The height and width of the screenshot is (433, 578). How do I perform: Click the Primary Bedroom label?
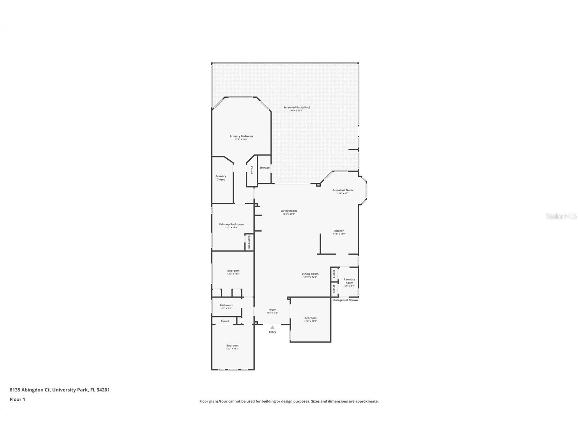coord(241,136)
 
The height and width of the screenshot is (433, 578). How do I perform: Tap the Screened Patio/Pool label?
coord(297,108)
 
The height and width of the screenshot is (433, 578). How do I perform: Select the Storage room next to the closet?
coord(264,168)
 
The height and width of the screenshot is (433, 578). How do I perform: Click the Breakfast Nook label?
coord(343,190)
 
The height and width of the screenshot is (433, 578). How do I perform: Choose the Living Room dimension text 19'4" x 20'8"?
coord(288,214)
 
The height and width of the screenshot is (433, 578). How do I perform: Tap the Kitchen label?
coord(339,231)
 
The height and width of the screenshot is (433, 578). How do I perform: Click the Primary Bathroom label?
coord(231,224)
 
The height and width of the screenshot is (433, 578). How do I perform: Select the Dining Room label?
coord(310,274)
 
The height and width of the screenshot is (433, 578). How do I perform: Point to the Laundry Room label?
coord(349,281)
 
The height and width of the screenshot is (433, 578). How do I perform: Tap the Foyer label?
coord(272,310)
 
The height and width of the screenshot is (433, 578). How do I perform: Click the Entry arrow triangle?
coord(272,327)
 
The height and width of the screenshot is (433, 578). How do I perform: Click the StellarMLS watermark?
coord(561,216)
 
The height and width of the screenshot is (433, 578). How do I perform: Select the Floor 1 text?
coord(17,399)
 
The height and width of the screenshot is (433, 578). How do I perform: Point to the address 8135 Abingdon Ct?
coord(30,390)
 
